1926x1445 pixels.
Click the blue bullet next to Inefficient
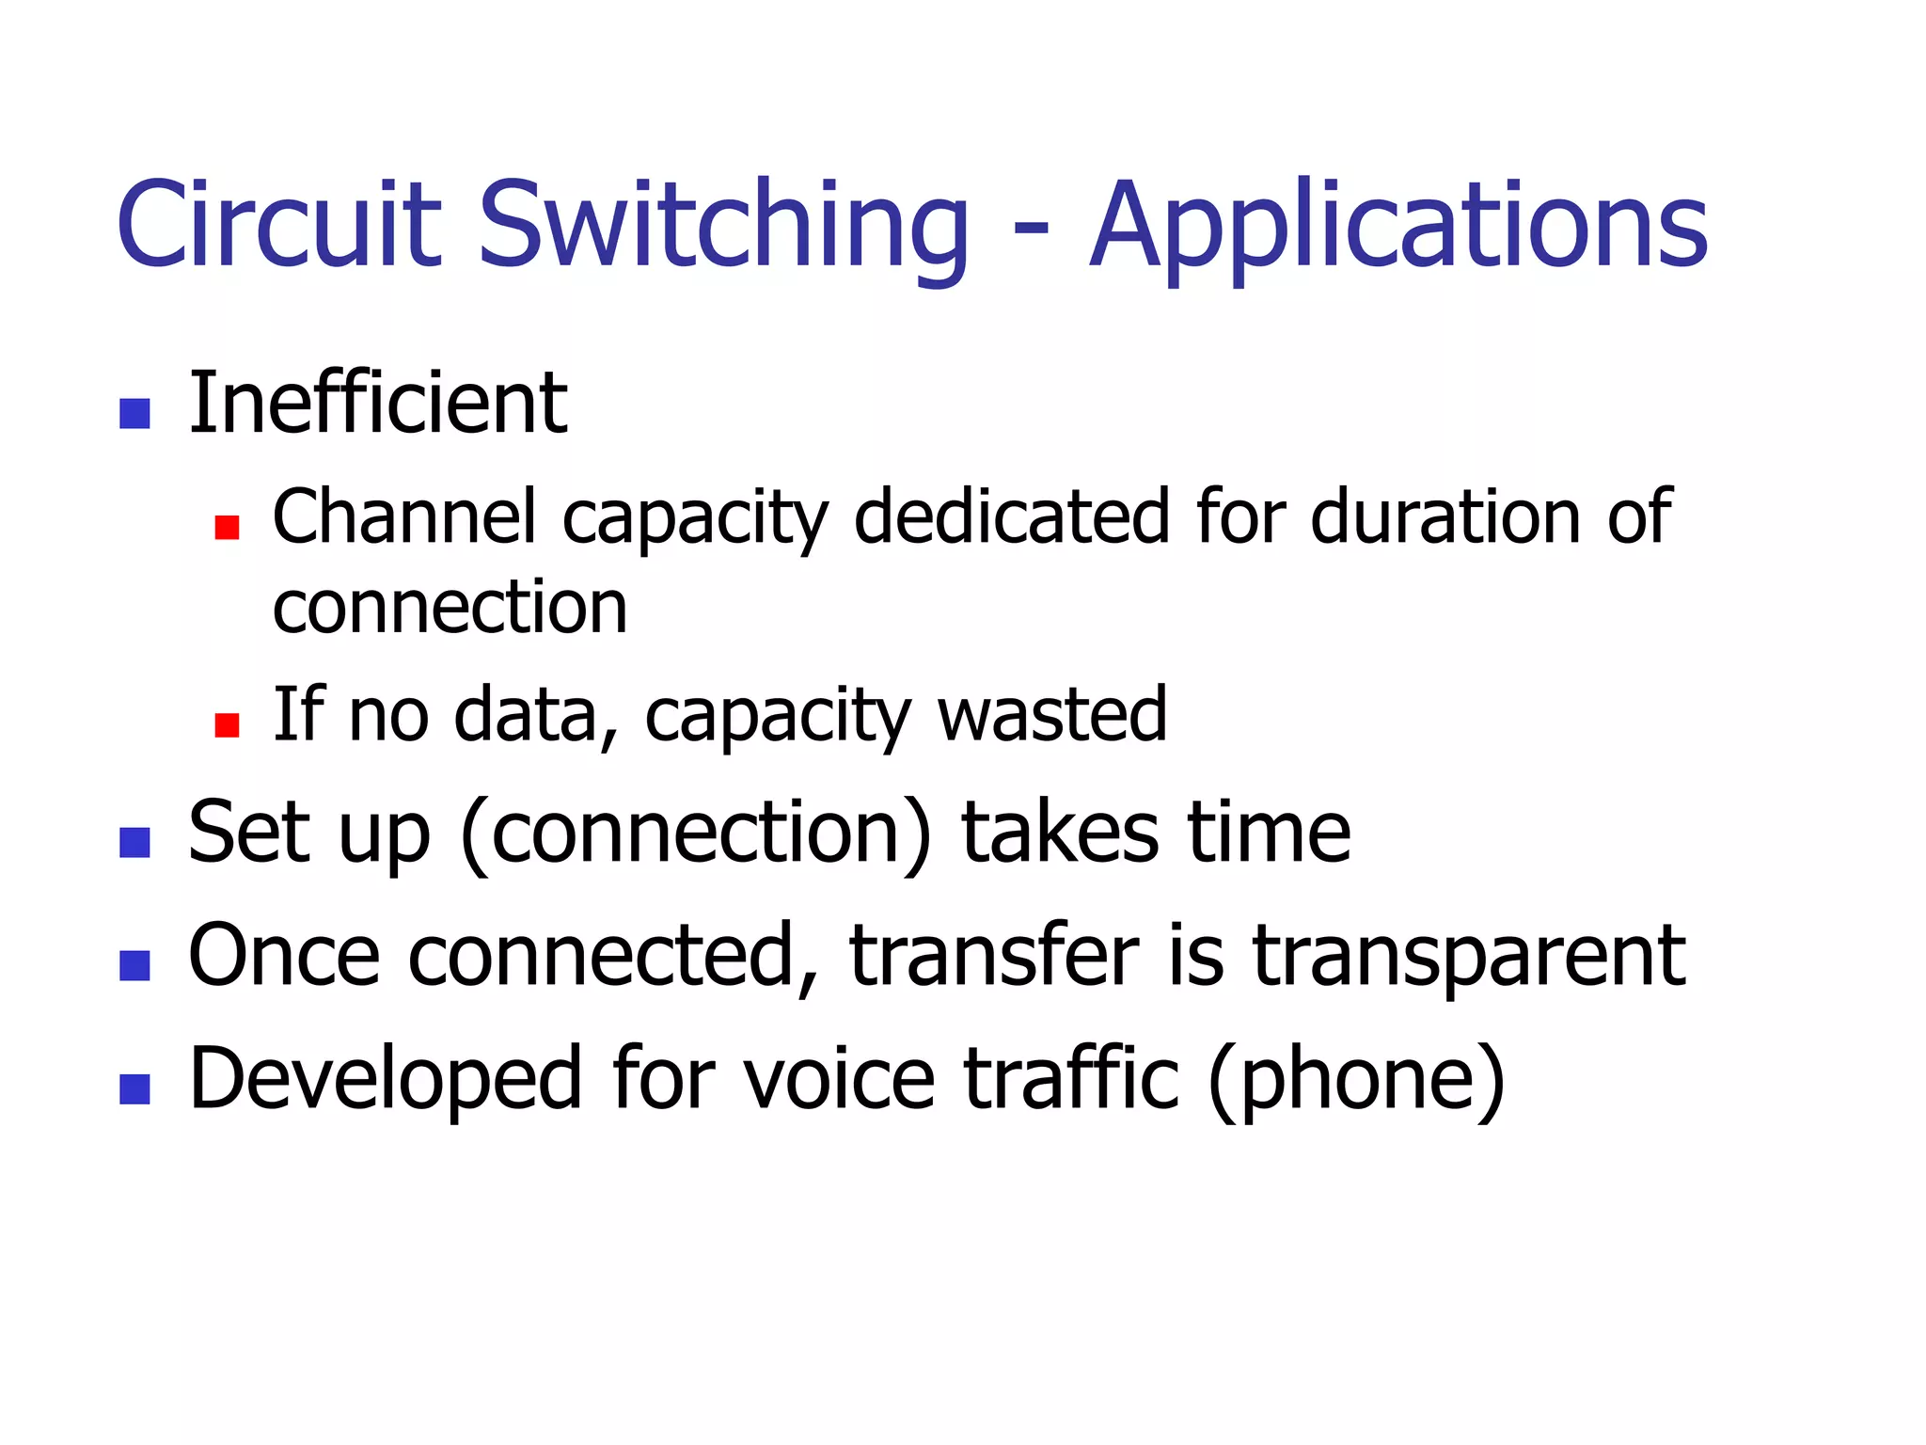tap(135, 414)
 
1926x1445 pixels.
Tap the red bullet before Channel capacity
tap(227, 527)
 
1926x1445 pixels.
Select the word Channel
tap(404, 516)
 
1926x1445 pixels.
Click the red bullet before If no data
tap(227, 724)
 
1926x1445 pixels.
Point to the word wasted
tap(1052, 714)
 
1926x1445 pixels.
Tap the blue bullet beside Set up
tap(135, 842)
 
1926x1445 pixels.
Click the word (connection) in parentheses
tap(697, 833)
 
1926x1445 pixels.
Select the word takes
tap(1061, 833)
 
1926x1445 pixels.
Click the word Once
tap(284, 956)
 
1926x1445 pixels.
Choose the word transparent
tap(1470, 958)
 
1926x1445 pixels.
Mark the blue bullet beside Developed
tap(135, 1088)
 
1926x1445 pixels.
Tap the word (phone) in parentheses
tap(1357, 1080)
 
